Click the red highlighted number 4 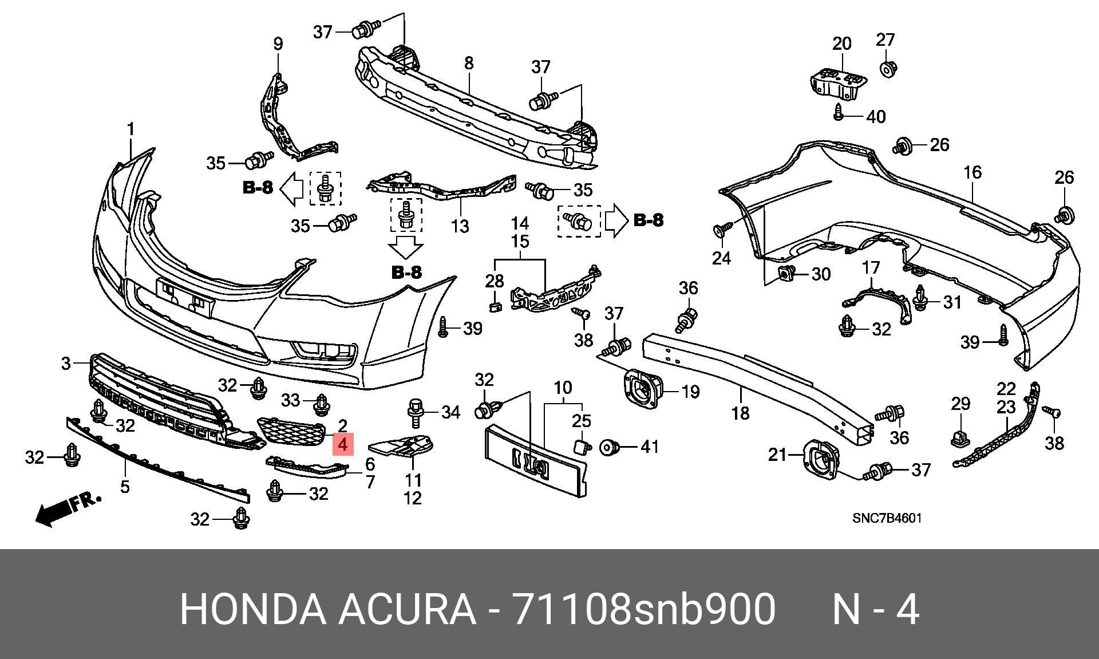343,444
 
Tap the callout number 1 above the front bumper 131,129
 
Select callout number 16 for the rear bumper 973,172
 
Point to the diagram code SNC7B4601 887,518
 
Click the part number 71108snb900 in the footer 644,609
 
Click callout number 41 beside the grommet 650,447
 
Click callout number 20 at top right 841,43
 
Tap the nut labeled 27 887,70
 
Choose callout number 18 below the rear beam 740,412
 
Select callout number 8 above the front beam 469,62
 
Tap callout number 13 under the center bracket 460,226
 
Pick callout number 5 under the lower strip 125,486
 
